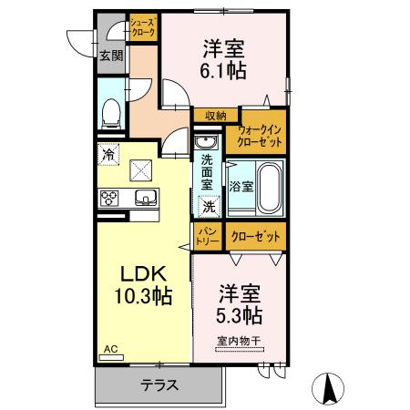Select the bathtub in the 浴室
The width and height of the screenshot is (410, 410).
[267, 186]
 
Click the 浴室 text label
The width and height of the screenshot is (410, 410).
[241, 186]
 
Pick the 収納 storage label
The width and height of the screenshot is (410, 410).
[215, 116]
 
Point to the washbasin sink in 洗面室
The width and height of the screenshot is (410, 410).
[206, 142]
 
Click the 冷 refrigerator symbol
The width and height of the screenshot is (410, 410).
[109, 156]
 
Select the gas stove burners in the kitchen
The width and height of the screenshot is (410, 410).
[109, 198]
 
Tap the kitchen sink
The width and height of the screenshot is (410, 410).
[144, 198]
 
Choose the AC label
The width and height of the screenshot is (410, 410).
[110, 349]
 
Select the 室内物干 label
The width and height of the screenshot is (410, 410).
[239, 342]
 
